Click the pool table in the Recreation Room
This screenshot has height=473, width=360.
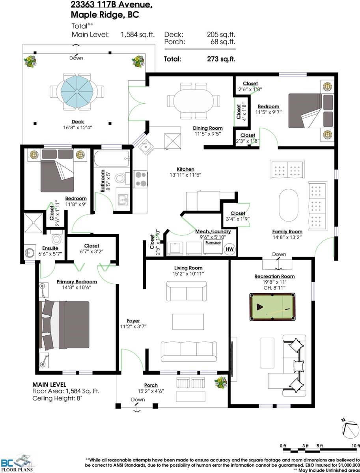(272, 307)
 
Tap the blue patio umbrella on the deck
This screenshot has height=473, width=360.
(77, 91)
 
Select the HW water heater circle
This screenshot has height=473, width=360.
(229, 249)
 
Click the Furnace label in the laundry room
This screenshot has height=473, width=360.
(213, 242)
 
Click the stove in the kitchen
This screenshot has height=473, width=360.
(140, 179)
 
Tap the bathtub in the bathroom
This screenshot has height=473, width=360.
(112, 158)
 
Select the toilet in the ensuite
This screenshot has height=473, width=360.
(56, 237)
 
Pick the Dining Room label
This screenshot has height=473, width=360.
(207, 128)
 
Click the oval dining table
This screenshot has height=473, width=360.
(193, 101)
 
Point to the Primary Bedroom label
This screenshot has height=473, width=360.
(77, 282)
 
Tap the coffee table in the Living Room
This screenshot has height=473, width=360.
(188, 322)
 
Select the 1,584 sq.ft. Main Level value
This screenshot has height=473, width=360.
(138, 34)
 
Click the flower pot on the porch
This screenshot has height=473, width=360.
(221, 383)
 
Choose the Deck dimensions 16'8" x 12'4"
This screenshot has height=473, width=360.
(78, 127)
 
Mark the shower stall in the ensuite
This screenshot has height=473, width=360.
(34, 223)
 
